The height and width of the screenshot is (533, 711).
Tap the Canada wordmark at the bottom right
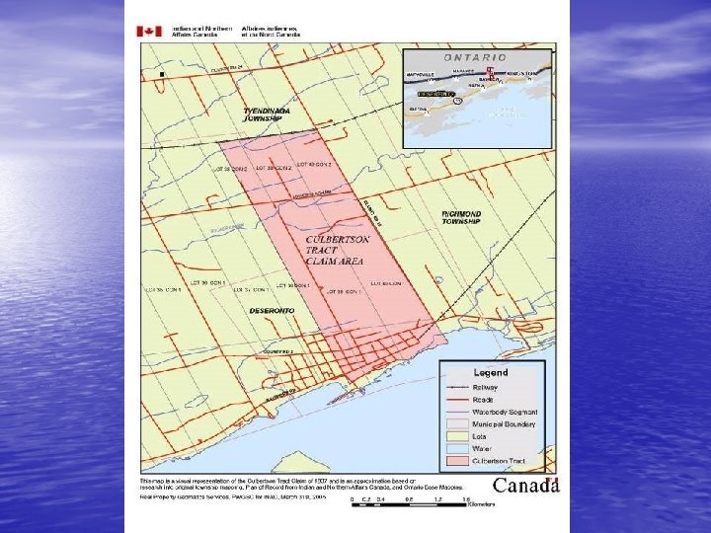526,485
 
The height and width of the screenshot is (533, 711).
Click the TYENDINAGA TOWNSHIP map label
267,114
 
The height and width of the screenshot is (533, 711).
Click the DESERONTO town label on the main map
272,310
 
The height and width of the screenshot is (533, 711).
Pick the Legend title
491,373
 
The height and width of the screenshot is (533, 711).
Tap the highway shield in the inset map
456,100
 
